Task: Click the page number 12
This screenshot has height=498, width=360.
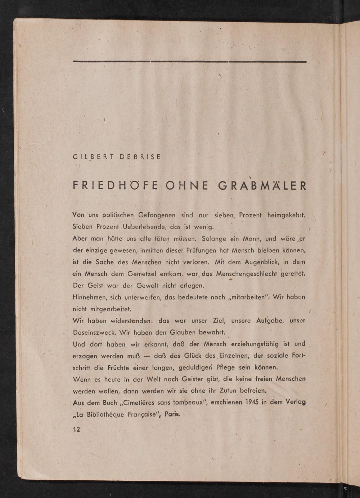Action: [x=76, y=429]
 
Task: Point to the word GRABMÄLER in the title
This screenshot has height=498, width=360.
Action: [x=262, y=186]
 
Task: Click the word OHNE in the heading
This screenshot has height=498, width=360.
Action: [x=187, y=186]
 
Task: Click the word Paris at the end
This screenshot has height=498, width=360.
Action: [x=172, y=414]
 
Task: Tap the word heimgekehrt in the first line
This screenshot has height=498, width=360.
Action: [x=286, y=215]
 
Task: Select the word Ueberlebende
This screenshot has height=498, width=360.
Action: [x=144, y=227]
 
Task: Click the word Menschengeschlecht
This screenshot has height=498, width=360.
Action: [x=247, y=274]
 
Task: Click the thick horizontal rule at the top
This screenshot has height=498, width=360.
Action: [x=190, y=62]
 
